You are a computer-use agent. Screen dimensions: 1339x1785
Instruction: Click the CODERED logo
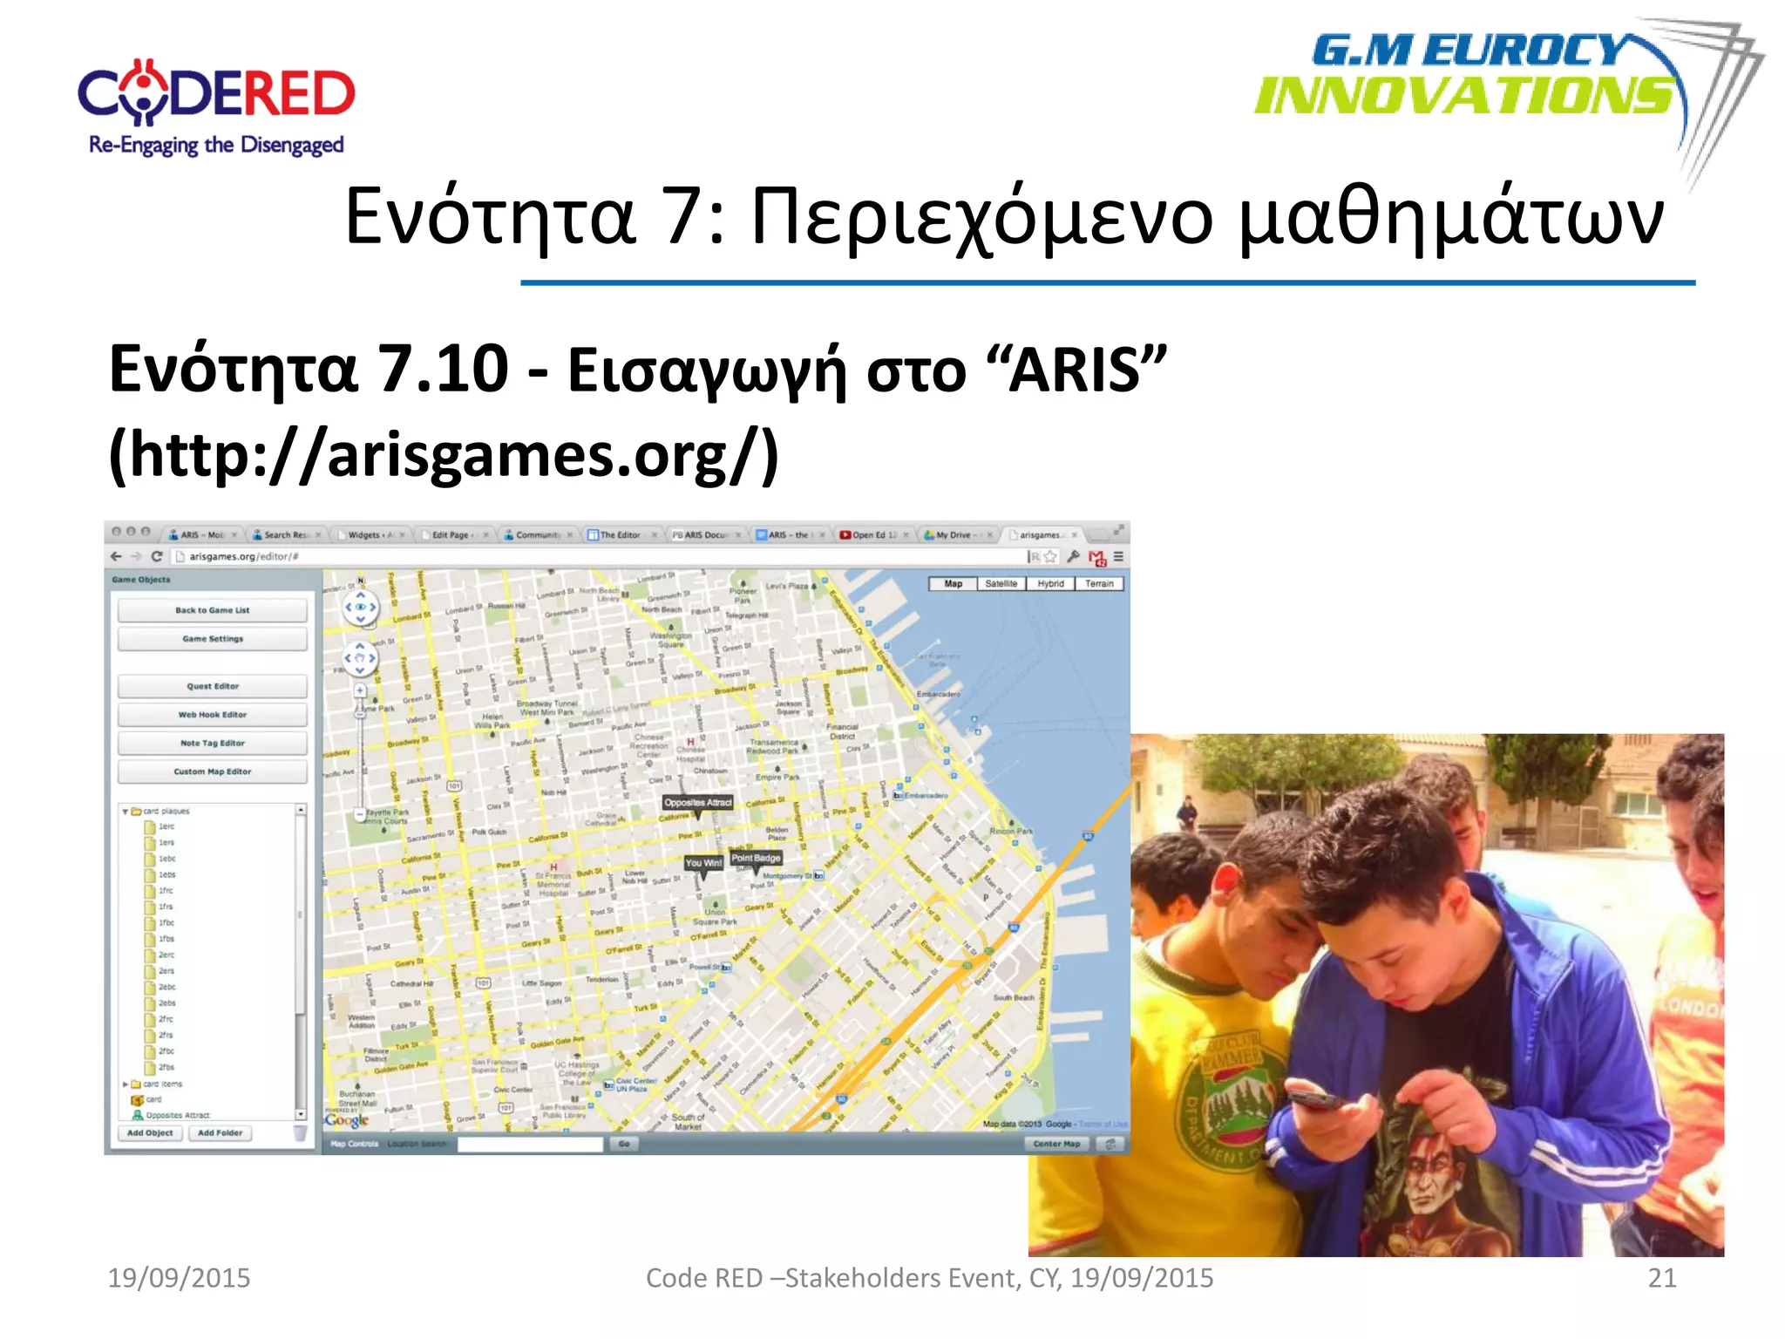coord(216,106)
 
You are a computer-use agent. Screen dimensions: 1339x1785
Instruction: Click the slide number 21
coord(1661,1278)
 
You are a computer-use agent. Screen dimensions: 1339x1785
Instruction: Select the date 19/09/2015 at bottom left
coord(179,1278)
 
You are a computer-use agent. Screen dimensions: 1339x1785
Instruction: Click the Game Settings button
coord(213,639)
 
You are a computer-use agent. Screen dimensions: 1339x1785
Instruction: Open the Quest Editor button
coord(213,686)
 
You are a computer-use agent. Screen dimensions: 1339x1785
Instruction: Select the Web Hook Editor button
coord(213,715)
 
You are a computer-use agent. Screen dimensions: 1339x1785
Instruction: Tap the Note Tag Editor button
coord(213,744)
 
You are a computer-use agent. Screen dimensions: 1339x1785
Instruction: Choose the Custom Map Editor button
coord(213,771)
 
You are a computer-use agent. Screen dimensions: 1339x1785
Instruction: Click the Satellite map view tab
coord(1001,584)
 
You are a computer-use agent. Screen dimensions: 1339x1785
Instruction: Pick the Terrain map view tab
coord(1099,584)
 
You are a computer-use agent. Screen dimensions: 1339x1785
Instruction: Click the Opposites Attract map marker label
coord(697,803)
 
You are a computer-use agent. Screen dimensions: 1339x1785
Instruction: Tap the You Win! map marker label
coord(703,863)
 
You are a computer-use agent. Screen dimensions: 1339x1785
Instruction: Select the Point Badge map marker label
coord(756,858)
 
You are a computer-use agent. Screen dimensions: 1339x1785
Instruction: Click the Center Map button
coord(1056,1144)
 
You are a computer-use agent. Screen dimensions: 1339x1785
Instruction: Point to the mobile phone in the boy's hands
coord(1316,1098)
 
